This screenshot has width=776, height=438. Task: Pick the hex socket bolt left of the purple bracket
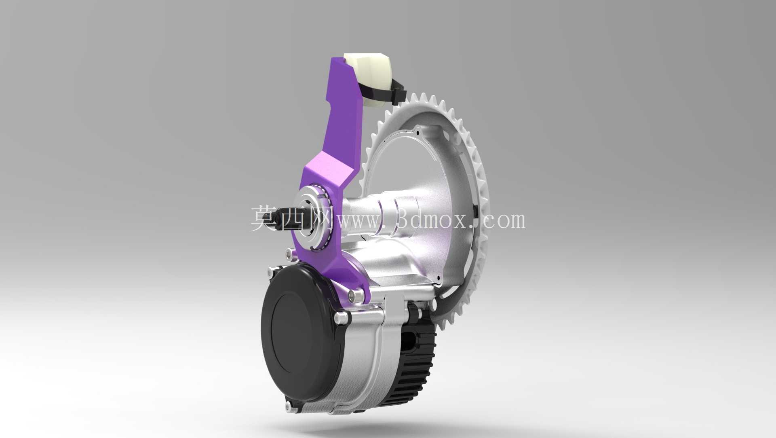pyautogui.click(x=289, y=254)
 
